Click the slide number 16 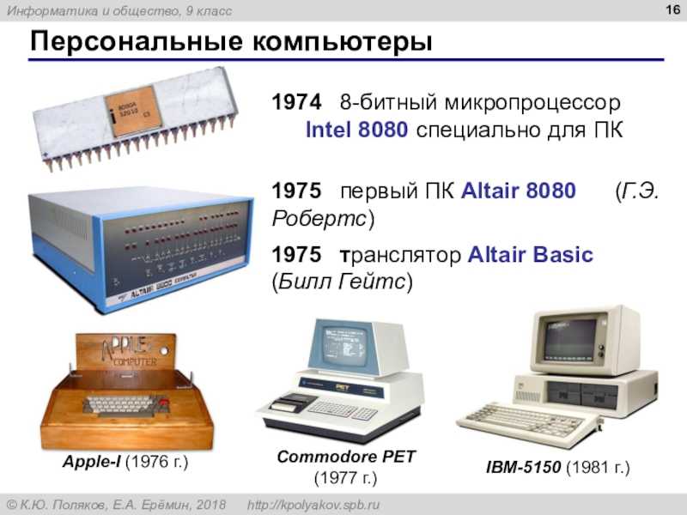click(672, 9)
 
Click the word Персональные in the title click(137, 42)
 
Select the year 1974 click(296, 102)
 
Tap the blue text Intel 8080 click(356, 130)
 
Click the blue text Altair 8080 click(519, 191)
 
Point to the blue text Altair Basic click(531, 255)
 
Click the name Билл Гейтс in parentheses click(342, 282)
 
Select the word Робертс click(319, 218)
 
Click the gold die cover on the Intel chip click(133, 111)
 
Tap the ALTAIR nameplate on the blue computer click(159, 286)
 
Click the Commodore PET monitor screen click(344, 346)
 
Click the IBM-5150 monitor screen click(569, 339)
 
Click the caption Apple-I click(92, 462)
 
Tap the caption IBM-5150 click(523, 467)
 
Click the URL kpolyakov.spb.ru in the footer click(313, 505)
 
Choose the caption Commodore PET click(346, 457)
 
